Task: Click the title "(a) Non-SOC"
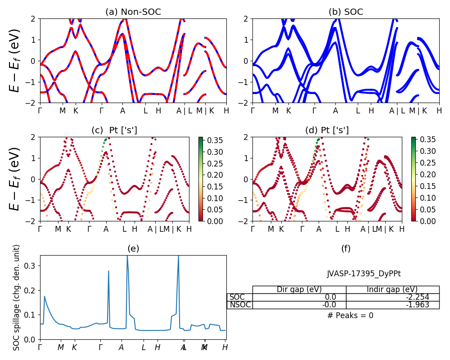click(x=133, y=12)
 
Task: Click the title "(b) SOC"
click(x=346, y=12)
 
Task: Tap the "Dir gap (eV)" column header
click(x=299, y=289)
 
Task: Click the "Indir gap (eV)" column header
click(x=392, y=289)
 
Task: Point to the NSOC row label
click(x=240, y=305)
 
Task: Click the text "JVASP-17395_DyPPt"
click(x=364, y=274)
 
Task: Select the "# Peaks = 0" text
click(x=350, y=315)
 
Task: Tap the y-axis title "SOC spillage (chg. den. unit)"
click(x=17, y=297)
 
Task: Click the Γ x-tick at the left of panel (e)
click(x=40, y=347)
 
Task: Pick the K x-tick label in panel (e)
click(x=74, y=347)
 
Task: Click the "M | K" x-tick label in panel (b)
click(x=418, y=110)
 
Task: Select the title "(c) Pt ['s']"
click(x=114, y=130)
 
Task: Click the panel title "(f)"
click(x=346, y=248)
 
